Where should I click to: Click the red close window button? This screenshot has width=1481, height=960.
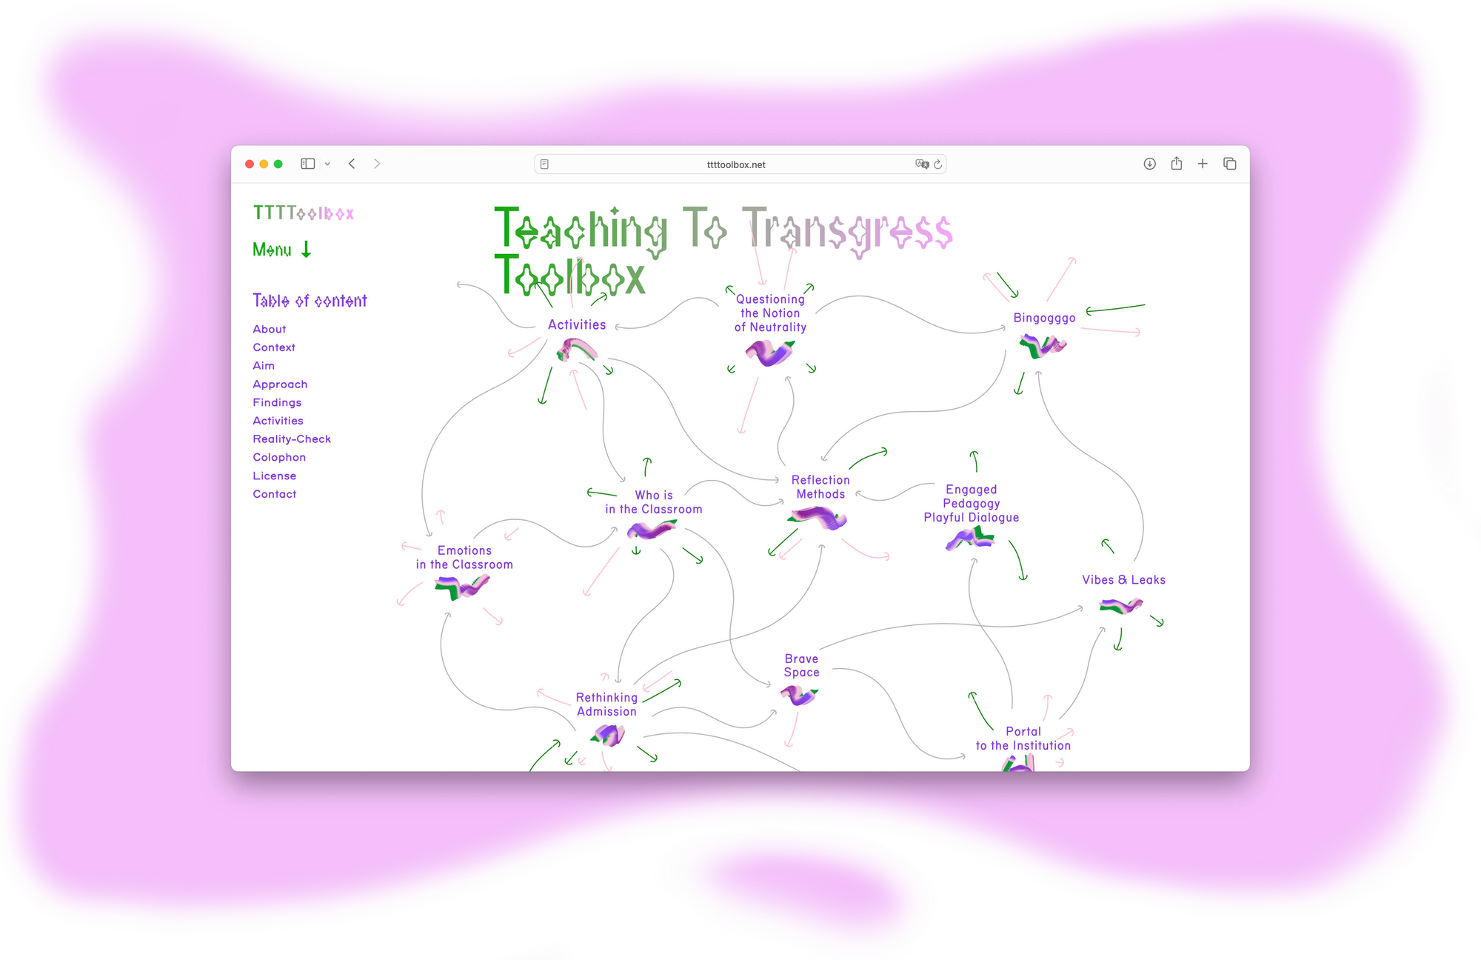tap(250, 164)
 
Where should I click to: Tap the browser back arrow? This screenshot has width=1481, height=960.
tap(352, 164)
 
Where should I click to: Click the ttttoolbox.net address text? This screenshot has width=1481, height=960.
tap(736, 165)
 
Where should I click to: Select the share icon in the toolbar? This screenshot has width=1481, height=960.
tap(1177, 164)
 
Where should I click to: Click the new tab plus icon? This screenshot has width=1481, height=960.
tap(1203, 164)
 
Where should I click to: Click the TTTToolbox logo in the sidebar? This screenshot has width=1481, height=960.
tap(304, 213)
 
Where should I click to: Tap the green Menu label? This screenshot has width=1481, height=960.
tap(273, 250)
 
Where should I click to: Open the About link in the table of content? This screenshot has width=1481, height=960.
tap(270, 329)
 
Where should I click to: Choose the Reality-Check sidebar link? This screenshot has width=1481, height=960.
tap(292, 439)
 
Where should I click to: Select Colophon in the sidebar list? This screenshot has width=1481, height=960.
tap(279, 458)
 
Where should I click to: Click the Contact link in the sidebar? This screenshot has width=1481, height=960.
tap(275, 494)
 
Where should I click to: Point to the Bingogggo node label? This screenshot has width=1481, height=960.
tap(1044, 318)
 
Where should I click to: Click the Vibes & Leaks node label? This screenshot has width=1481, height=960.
tap(1123, 580)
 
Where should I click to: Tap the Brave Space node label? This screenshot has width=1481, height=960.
tap(802, 665)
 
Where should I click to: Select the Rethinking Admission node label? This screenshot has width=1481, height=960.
tap(606, 704)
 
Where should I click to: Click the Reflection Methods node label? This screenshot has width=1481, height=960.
tap(820, 487)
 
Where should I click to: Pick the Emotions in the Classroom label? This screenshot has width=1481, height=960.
tap(464, 557)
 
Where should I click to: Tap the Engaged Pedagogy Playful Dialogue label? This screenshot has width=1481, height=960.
tap(971, 504)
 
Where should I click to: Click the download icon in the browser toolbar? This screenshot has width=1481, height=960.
tap(1149, 164)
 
